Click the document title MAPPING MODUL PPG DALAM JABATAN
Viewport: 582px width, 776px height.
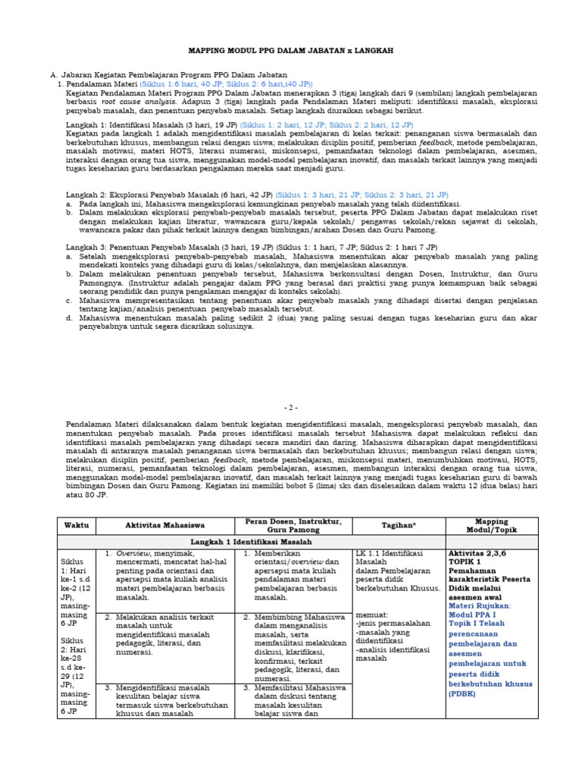(291, 51)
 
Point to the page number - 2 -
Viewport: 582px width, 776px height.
(291, 407)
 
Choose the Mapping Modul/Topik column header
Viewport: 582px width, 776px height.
(492, 525)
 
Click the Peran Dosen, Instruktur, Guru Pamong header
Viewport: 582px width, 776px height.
(294, 525)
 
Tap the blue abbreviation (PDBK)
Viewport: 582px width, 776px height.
(463, 693)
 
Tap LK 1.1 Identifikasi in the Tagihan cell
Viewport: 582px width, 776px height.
(390, 554)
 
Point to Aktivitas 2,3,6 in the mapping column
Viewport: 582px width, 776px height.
(479, 554)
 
